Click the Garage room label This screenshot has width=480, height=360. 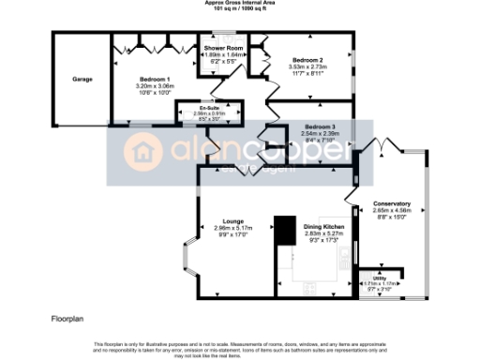[x=82, y=80]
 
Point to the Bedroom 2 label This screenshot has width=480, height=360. [x=308, y=59]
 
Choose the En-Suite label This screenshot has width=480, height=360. [x=209, y=109]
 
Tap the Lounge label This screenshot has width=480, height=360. [x=234, y=221]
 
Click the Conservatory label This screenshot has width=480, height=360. [x=391, y=203]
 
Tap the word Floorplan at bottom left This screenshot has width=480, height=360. [x=69, y=320]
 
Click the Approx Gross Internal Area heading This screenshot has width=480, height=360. [x=239, y=3]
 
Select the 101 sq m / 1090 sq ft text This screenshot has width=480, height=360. [x=239, y=9]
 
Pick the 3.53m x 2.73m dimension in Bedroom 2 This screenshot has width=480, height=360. [x=308, y=67]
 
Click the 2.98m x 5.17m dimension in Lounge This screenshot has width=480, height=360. [x=234, y=229]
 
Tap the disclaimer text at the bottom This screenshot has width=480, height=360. [x=239, y=349]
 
